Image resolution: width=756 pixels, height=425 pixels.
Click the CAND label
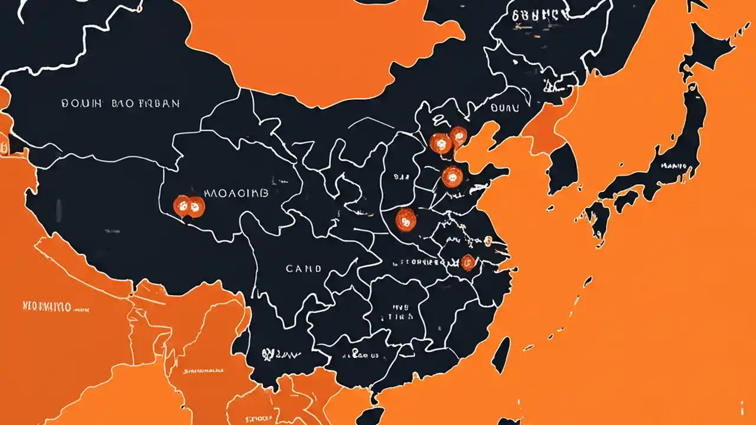point(304,269)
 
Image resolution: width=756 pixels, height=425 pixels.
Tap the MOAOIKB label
point(236,193)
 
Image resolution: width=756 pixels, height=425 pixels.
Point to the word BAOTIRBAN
point(145,103)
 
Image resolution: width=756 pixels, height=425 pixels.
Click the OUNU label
point(504,108)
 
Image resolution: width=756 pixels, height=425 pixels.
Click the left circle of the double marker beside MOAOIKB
point(182,205)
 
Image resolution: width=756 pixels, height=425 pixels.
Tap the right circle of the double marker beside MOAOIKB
point(195,205)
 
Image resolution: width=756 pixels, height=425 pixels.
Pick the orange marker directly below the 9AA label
point(406,220)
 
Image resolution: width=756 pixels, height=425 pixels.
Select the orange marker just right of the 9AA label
point(452,175)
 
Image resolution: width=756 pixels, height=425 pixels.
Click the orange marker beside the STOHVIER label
point(467,261)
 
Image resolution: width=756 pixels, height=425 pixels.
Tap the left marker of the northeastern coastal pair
point(440,143)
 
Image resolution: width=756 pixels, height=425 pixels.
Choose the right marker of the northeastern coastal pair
point(458,136)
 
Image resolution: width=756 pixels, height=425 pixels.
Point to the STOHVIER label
point(419,260)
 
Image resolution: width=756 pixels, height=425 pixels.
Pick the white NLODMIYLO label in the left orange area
point(47,306)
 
